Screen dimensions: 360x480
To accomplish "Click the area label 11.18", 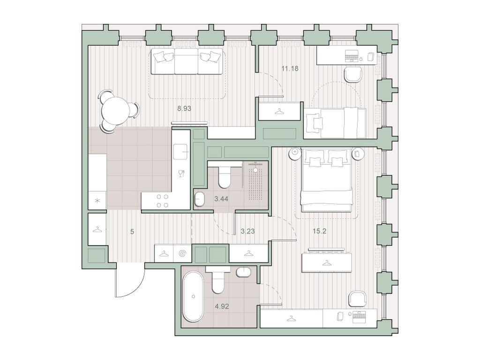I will tap(290, 68).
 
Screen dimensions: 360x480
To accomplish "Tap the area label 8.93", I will tap(184, 108).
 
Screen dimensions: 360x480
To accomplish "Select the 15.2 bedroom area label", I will tap(320, 231).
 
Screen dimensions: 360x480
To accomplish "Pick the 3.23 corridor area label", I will tap(247, 231).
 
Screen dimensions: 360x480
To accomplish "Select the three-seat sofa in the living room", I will tap(186, 62).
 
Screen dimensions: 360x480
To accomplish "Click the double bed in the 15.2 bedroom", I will tap(326, 180).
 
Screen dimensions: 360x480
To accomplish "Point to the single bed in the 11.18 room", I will tap(335, 123).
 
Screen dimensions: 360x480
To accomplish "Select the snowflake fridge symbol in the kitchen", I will tap(97, 201).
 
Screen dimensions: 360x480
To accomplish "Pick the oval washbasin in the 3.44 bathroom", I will tap(199, 199).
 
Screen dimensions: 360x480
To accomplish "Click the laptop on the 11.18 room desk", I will tap(352, 57).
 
